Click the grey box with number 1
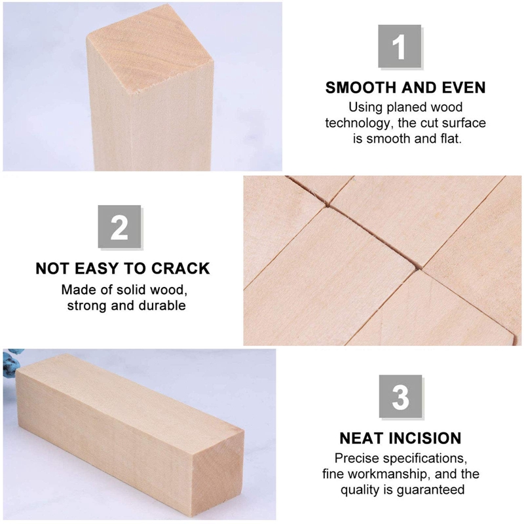click(x=400, y=47)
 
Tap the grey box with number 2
click(x=120, y=227)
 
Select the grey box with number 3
click(x=400, y=397)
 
